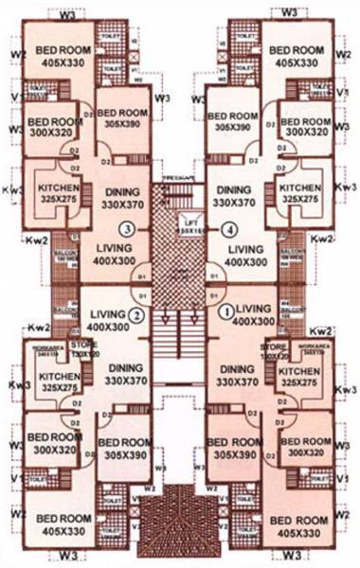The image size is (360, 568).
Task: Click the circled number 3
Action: (x=125, y=227)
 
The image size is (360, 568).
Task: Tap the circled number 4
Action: (x=226, y=227)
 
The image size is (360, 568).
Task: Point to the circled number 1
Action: (x=225, y=310)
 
